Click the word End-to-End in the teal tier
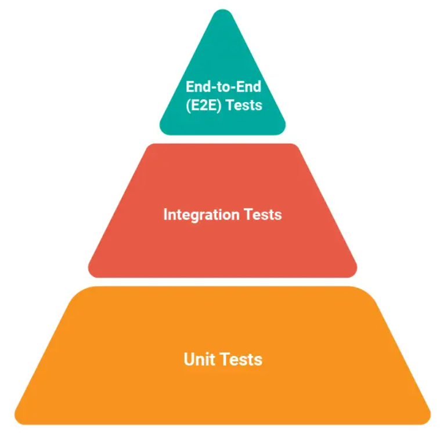(223, 86)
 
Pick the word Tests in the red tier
(261, 214)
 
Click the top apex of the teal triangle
(223, 12)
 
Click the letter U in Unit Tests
(189, 359)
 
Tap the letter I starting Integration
(165, 214)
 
